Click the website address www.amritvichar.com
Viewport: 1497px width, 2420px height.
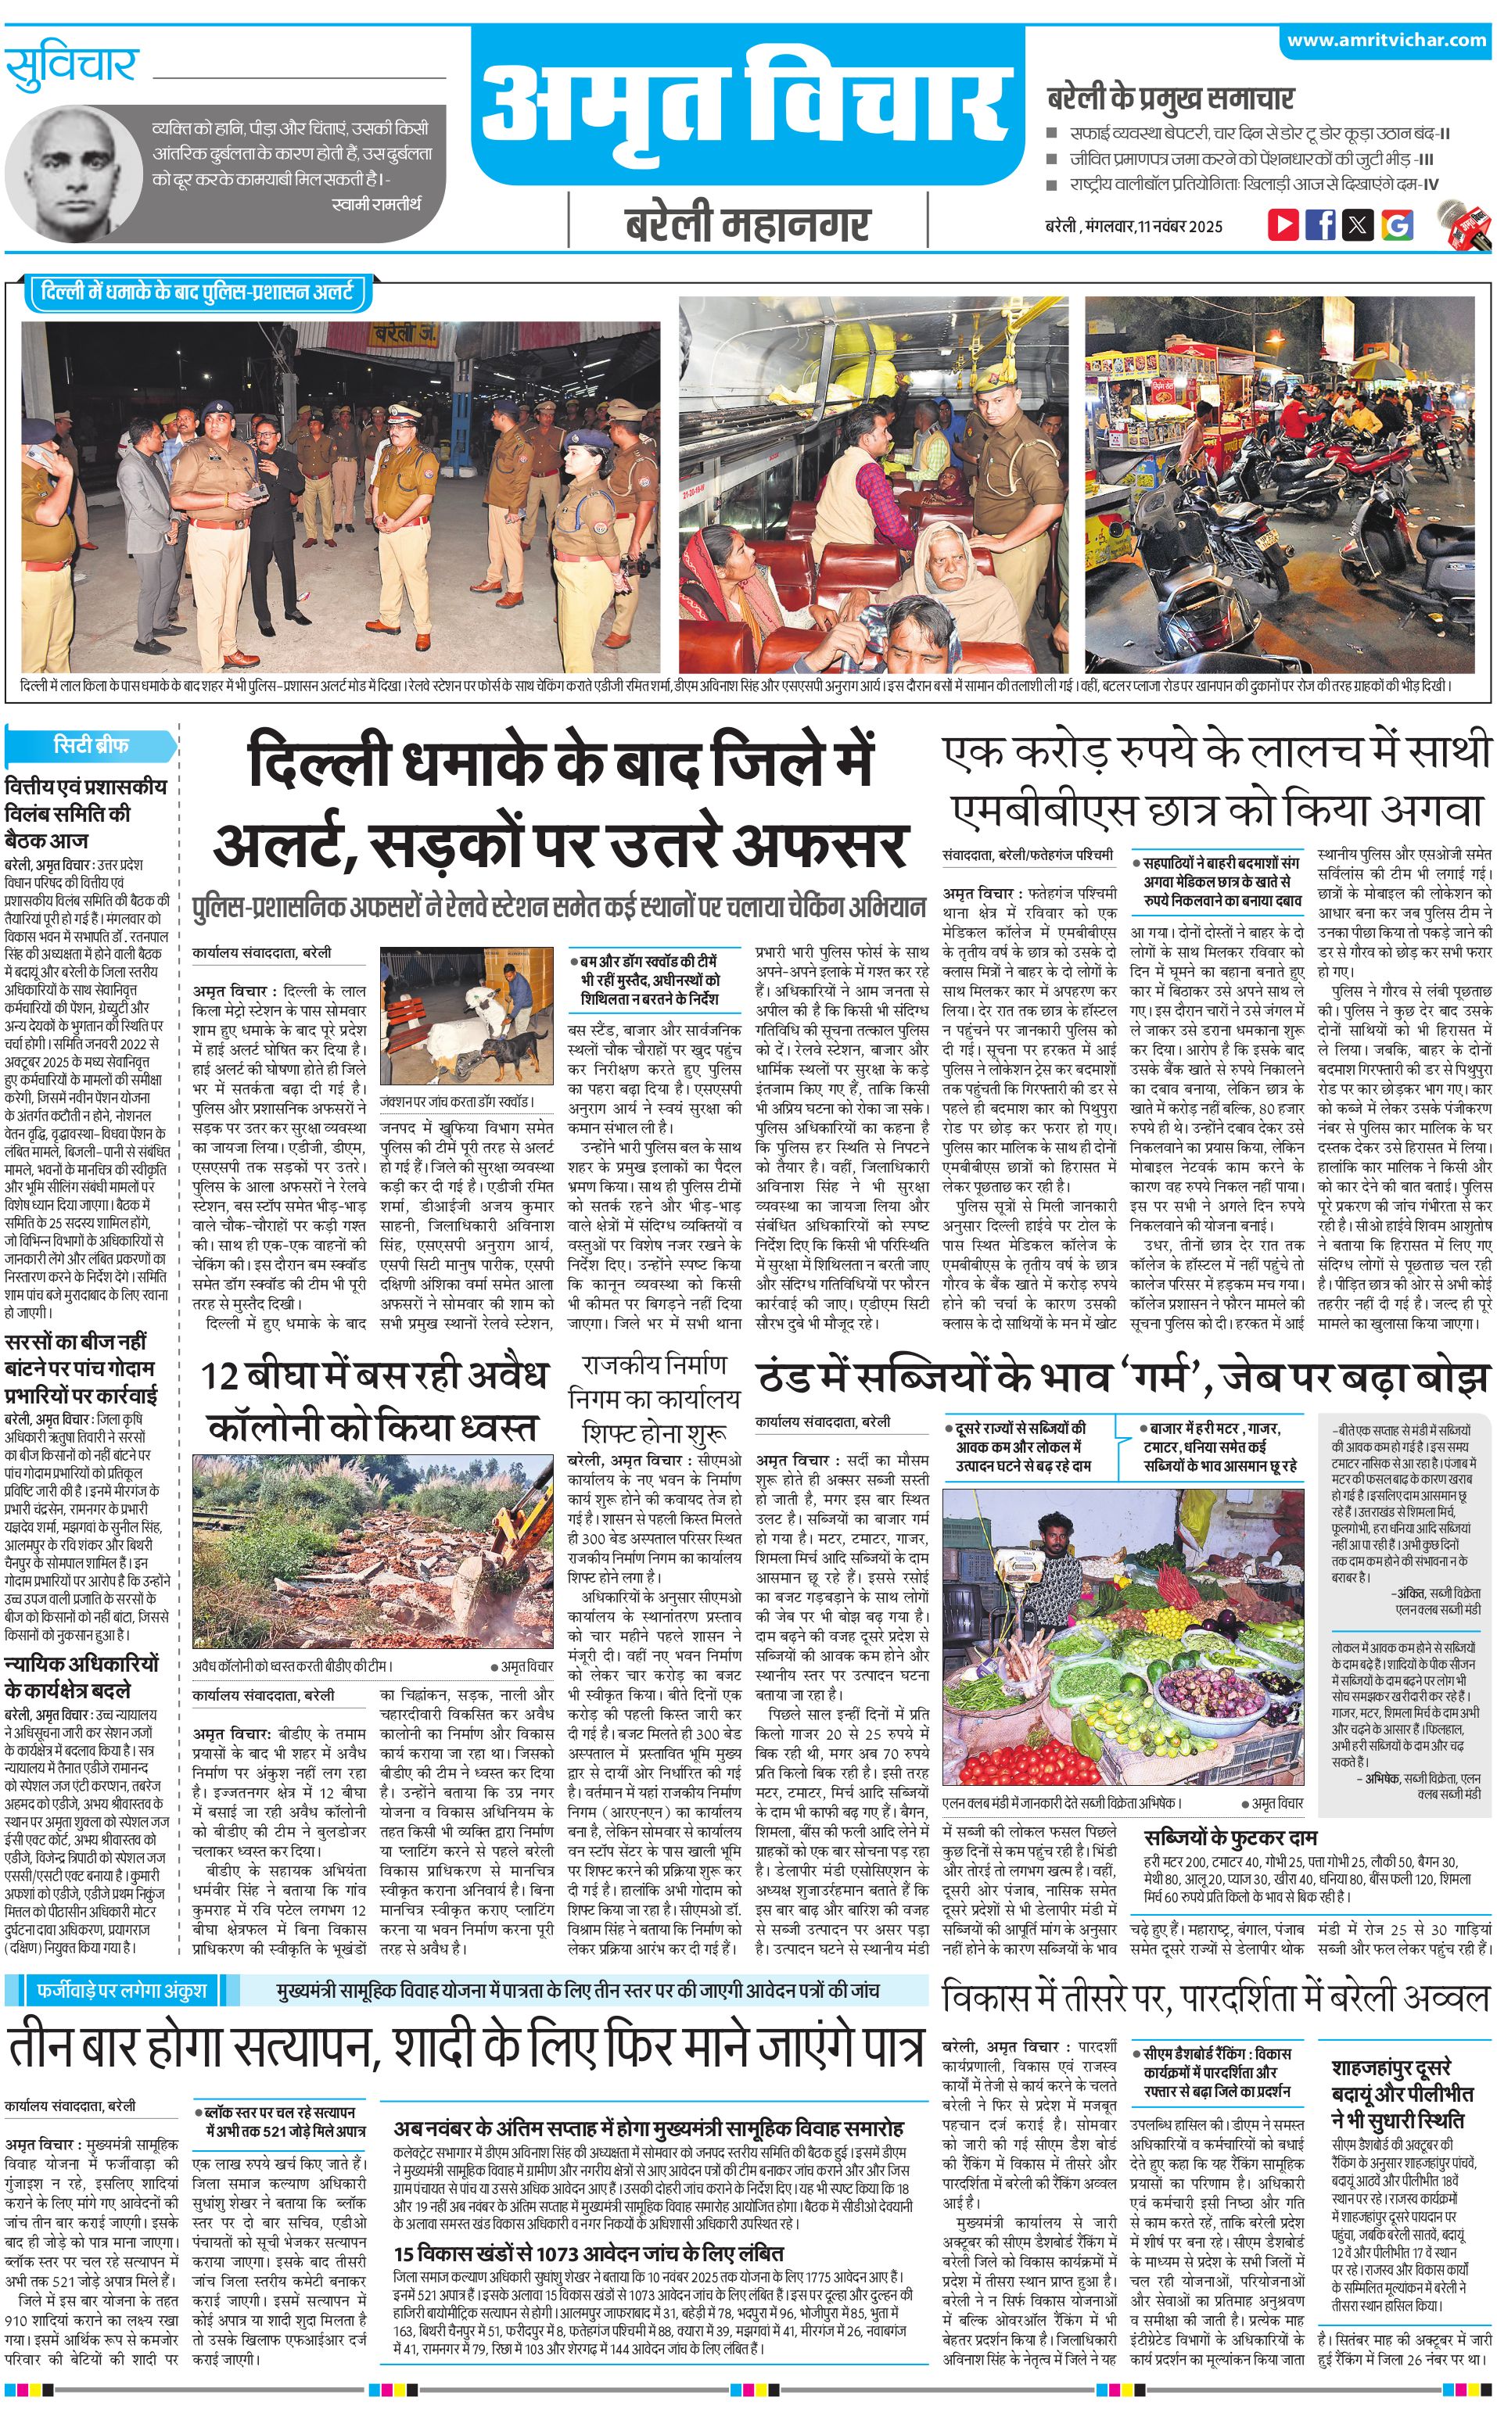tap(1386, 41)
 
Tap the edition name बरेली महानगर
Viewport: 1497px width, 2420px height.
tap(748, 224)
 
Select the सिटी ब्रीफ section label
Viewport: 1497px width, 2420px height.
tap(91, 744)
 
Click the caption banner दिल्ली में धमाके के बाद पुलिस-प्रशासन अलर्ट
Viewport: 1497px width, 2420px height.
tap(197, 293)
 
